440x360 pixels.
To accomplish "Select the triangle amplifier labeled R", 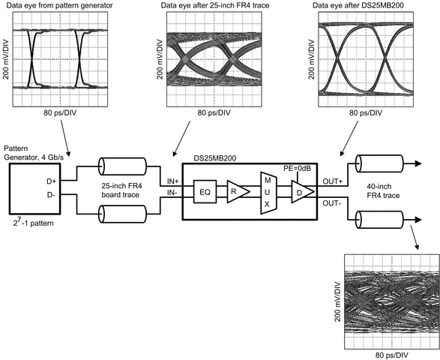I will [x=236, y=192].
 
